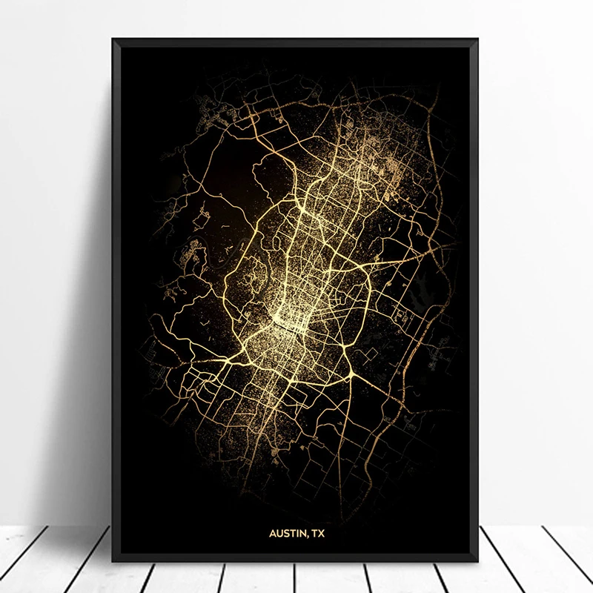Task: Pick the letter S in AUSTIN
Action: (x=287, y=531)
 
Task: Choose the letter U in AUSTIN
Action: (x=280, y=531)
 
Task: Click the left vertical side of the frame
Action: (x=116, y=296)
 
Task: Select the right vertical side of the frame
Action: (x=477, y=296)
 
